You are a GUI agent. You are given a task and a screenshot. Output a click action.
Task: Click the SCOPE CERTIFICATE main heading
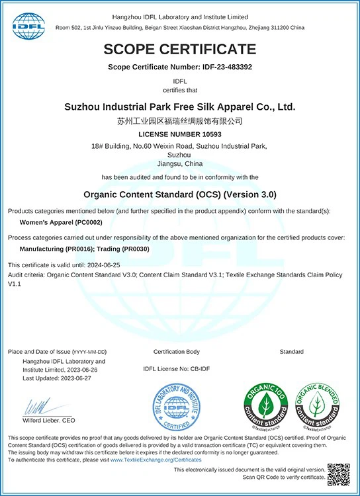180,48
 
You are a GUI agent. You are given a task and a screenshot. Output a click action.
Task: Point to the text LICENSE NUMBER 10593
180,134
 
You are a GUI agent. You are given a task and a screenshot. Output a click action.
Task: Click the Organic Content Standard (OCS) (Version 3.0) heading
180,194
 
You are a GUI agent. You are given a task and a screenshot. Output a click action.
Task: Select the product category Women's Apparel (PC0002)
58,224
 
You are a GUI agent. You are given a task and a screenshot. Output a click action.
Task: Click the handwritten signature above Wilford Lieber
40,405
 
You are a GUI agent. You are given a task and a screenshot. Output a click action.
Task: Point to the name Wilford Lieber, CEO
50,420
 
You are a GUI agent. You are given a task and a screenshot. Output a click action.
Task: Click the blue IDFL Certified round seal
176,407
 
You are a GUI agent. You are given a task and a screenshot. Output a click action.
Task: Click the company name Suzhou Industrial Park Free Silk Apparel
180,106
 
